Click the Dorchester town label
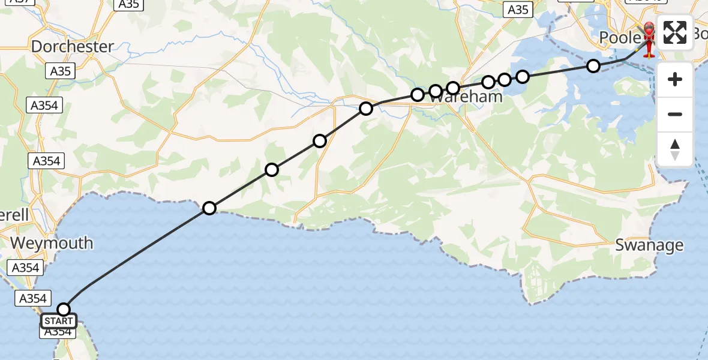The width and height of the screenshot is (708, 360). pyautogui.click(x=73, y=46)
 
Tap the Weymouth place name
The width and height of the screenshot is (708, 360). pyautogui.click(x=52, y=243)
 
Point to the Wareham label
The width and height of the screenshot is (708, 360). pyautogui.click(x=470, y=96)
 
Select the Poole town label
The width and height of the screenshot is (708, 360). pyautogui.click(x=620, y=38)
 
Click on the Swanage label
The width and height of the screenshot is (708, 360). pyautogui.click(x=650, y=245)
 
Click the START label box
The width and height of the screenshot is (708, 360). pyautogui.click(x=59, y=321)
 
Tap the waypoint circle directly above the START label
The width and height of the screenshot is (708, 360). pyautogui.click(x=64, y=310)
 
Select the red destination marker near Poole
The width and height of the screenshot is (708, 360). pyautogui.click(x=649, y=39)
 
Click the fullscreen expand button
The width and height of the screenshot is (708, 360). pyautogui.click(x=675, y=32)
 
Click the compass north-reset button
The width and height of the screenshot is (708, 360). pyautogui.click(x=675, y=149)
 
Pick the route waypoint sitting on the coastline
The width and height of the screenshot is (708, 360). pyautogui.click(x=209, y=208)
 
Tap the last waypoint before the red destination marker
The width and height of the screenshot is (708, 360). pyautogui.click(x=593, y=66)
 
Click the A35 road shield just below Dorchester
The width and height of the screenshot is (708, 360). pyautogui.click(x=60, y=71)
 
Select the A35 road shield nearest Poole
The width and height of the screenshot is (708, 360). pyautogui.click(x=518, y=9)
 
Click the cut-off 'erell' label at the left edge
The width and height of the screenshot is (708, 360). pyautogui.click(x=14, y=215)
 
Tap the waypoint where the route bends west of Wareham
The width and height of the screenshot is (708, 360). pyautogui.click(x=366, y=109)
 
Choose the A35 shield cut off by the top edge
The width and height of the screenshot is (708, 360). pyautogui.click(x=129, y=5)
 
